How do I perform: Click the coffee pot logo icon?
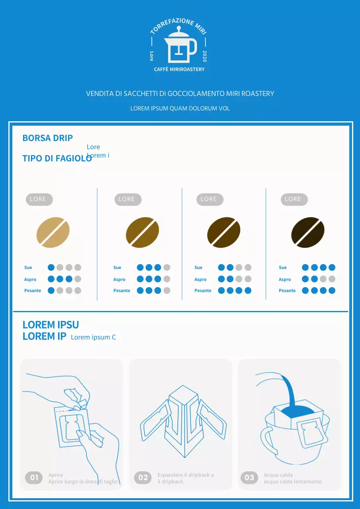180,46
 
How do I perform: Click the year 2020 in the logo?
204,56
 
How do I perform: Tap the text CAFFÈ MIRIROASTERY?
179,69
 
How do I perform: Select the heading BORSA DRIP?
48,138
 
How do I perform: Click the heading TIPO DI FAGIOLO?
57,158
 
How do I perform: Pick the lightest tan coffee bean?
53,232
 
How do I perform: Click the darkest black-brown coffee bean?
307,232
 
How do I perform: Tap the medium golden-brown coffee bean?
142,232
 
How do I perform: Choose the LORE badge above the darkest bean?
293,199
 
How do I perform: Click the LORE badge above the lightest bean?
38,199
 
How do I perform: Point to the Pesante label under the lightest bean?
33,291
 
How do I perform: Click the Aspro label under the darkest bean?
285,280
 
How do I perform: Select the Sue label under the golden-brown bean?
117,268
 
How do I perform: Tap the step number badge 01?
34,478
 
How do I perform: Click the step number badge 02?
143,478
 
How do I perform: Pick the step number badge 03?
249,478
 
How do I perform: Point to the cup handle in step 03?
267,439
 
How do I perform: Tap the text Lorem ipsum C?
93,337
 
